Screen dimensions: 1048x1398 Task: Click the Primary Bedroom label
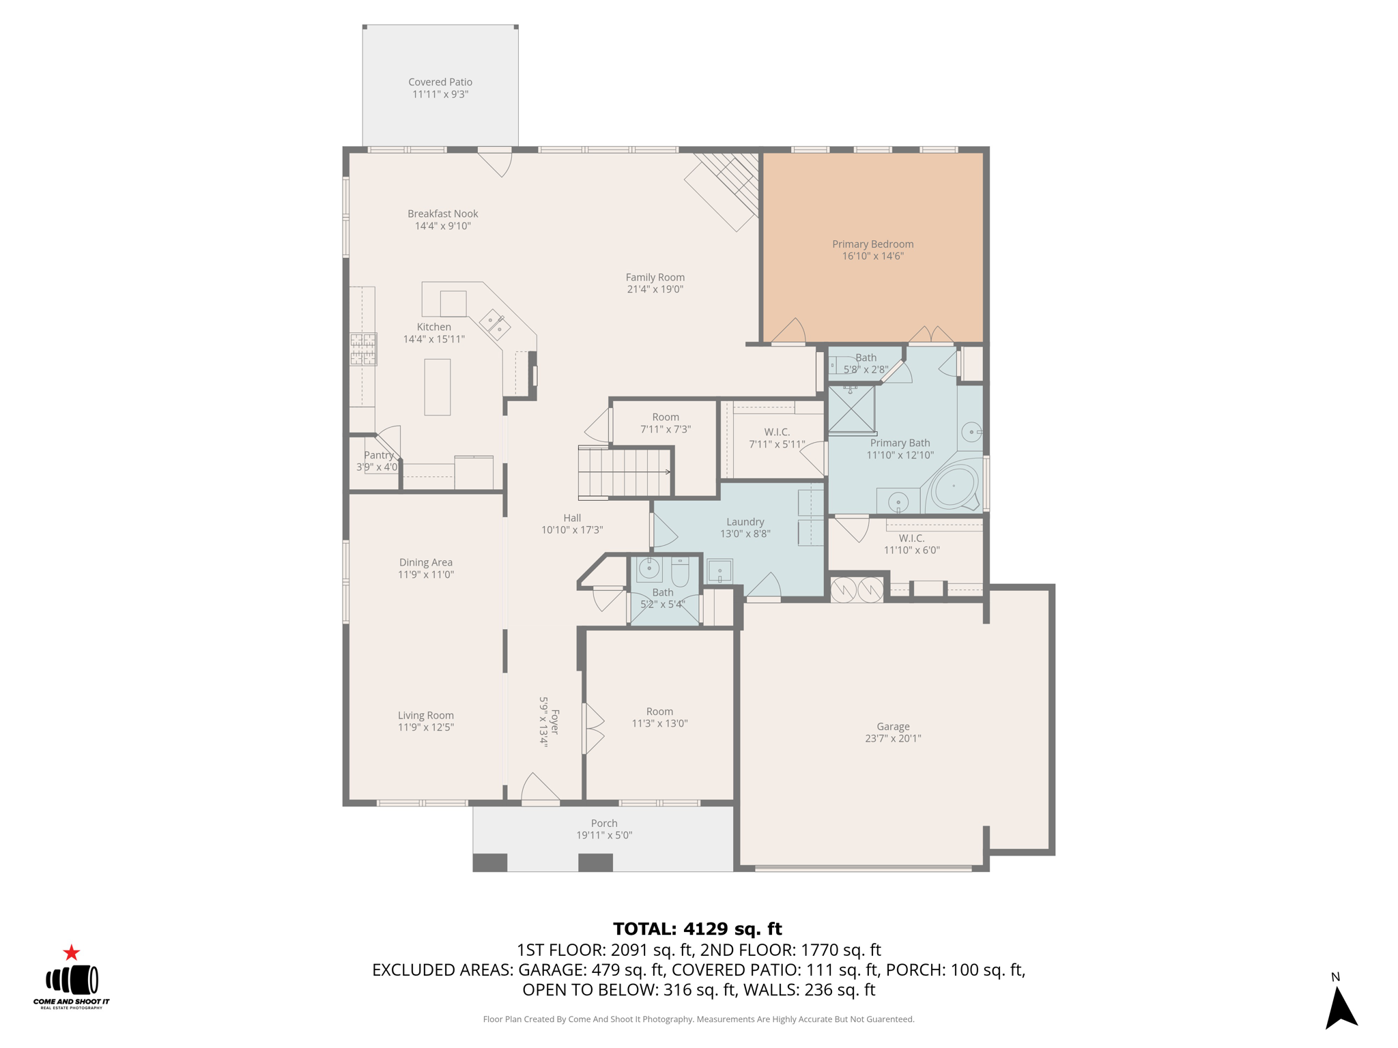[872, 244]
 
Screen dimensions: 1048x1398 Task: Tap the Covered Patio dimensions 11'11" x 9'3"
[440, 94]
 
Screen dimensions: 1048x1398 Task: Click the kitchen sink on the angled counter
[495, 323]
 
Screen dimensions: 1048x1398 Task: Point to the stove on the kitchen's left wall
[363, 349]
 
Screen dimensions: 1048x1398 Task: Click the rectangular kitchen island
[438, 387]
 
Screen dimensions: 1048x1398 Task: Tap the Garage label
[893, 727]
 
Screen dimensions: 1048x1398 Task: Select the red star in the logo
[72, 952]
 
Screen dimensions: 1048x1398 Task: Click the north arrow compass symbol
[1341, 1007]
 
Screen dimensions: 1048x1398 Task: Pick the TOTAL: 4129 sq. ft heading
[697, 929]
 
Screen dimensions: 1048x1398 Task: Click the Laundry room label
[745, 522]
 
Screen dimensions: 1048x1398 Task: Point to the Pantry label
[378, 455]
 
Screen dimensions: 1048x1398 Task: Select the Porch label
[604, 824]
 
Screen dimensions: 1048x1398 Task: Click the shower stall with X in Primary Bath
[851, 409]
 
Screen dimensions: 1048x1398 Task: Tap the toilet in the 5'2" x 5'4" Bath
[681, 572]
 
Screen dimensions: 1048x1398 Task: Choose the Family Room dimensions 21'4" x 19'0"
[655, 289]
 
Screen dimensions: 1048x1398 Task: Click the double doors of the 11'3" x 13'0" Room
[593, 729]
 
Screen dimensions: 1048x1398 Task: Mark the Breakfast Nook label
[443, 214]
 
